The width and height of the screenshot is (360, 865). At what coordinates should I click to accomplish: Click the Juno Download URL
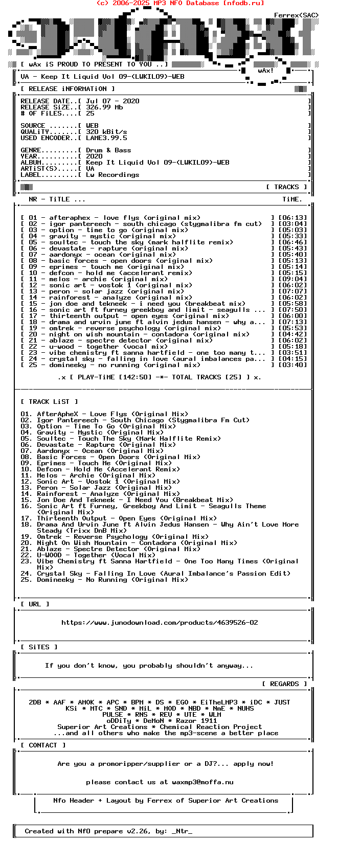pos(160,623)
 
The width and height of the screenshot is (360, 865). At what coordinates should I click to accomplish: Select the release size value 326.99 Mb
pos(104,107)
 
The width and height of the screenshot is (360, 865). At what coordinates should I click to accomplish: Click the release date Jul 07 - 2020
pos(112,101)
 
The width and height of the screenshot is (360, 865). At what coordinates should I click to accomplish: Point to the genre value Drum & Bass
pos(108,150)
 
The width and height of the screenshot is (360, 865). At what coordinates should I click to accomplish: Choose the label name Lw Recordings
pos(112,175)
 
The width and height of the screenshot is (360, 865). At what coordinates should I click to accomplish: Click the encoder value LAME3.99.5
pos(106,138)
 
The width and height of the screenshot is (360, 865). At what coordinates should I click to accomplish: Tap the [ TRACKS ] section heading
pos(286,187)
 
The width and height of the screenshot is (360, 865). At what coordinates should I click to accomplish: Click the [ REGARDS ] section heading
pos(284,684)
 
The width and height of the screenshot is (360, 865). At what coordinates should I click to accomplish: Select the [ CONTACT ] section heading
pos(43,745)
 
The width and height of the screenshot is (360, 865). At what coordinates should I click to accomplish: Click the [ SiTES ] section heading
pos(39,647)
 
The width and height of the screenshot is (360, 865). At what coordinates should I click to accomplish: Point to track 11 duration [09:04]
pos(292,279)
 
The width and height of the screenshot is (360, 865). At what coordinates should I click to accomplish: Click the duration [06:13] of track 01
pos(292,218)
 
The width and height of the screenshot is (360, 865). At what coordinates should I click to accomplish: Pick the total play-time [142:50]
pos(135,377)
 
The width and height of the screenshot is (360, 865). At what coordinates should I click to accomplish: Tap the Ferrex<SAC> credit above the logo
pos(296,15)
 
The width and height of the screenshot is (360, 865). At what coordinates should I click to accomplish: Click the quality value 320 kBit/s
pos(106,132)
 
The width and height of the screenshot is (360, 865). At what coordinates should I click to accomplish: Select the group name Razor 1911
pos(194,721)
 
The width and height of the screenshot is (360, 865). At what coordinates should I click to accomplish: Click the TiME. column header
pos(292,199)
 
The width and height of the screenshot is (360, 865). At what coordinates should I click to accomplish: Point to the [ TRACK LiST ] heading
pos(49,402)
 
